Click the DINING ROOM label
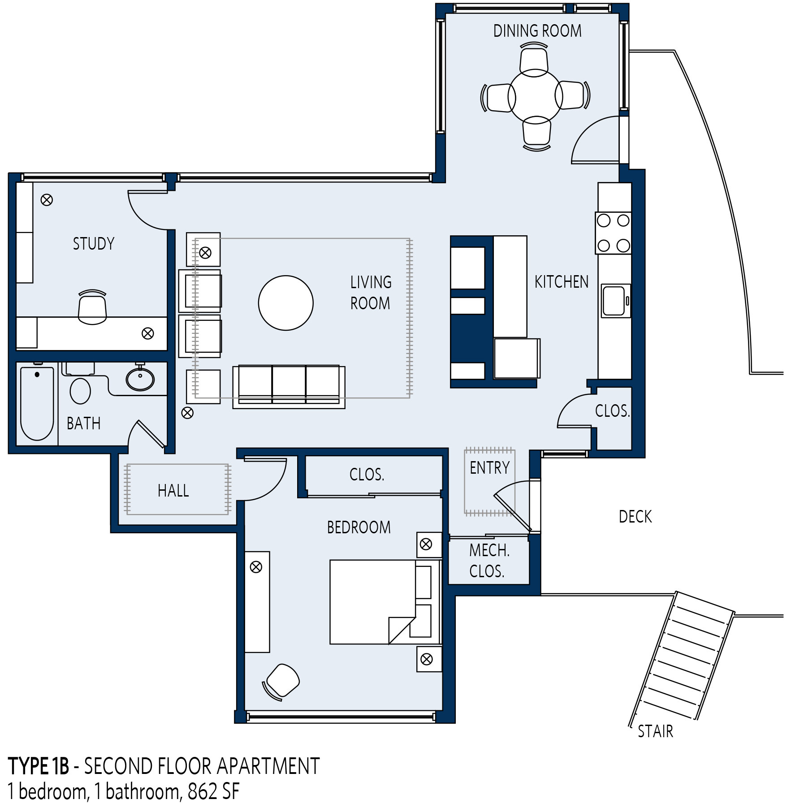point(537,31)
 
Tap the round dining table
point(535,96)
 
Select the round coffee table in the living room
point(285,303)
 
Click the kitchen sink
point(615,301)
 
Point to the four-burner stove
point(613,233)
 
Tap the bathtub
point(37,403)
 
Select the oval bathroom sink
point(140,379)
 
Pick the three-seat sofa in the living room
point(289,387)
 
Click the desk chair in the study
point(92,307)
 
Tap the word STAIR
point(655,731)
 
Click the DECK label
point(635,517)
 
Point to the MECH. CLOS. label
point(489,561)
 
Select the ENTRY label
point(489,468)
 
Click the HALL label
point(173,491)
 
